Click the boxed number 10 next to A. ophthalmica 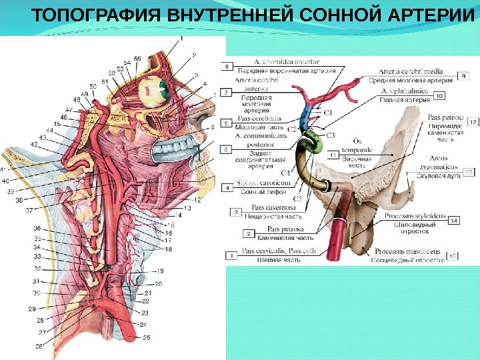point(439,96)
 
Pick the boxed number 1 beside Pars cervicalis point(231,254)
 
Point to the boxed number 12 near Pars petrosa point(473,123)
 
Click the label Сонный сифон point(266,191)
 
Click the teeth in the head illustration point(177,150)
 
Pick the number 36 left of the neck point(37,228)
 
